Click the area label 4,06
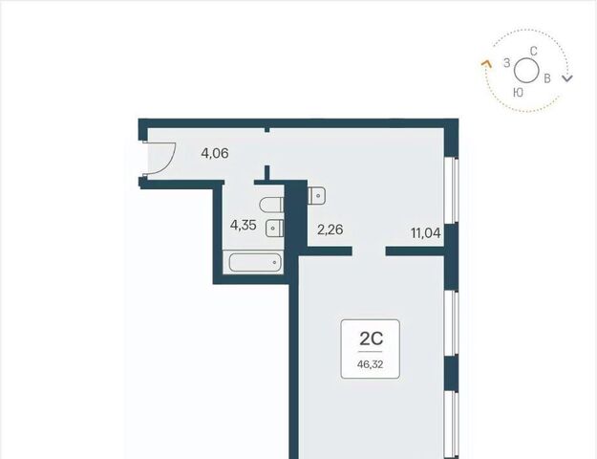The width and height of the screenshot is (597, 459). [215, 153]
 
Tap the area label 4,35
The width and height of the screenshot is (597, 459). [243, 225]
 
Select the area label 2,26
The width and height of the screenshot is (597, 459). [330, 229]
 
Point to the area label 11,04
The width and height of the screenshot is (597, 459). [426, 232]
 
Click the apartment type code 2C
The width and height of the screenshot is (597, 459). [371, 339]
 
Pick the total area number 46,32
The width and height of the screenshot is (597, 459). [370, 364]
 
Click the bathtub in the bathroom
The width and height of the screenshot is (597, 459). [255, 262]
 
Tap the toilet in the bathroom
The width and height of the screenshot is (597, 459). [271, 205]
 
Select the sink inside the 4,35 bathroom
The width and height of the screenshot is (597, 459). [274, 228]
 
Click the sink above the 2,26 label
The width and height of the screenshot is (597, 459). [316, 196]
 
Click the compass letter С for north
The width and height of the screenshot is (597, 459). [534, 51]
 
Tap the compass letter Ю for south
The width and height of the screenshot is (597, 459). [518, 92]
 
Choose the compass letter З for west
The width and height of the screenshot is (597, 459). [507, 63]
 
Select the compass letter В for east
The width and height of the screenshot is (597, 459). [547, 78]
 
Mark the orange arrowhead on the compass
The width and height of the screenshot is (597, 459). [486, 64]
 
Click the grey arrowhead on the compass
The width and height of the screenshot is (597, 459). [567, 78]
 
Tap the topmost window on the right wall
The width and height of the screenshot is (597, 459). [452, 190]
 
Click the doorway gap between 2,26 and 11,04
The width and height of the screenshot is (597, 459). [369, 251]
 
